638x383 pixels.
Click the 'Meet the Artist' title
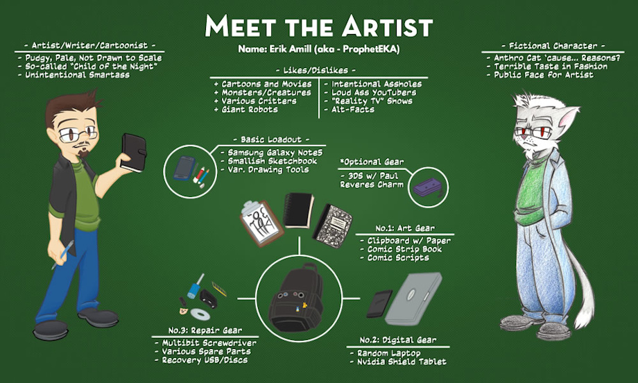[318, 26]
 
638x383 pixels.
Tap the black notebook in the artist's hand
[133, 153]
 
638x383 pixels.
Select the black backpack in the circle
[297, 298]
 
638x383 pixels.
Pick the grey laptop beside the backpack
[413, 298]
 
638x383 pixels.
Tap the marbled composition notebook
[332, 226]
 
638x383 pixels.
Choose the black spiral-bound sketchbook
[298, 210]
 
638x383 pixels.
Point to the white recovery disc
[200, 314]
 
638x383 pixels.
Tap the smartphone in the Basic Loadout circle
[184, 168]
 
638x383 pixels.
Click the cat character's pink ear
[569, 117]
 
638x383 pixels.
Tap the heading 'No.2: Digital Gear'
[398, 340]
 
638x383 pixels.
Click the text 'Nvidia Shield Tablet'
[402, 361]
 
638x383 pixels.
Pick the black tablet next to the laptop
[379, 304]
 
